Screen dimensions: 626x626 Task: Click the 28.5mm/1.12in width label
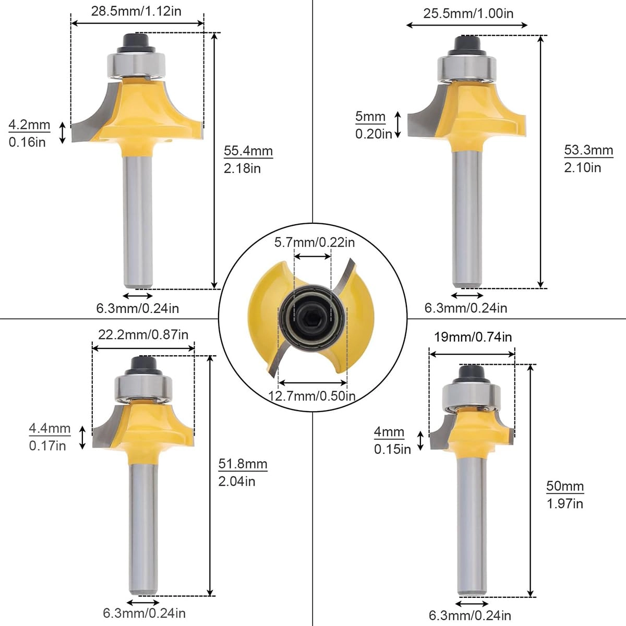pyautogui.click(x=136, y=11)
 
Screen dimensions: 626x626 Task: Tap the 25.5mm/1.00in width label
pyautogui.click(x=468, y=13)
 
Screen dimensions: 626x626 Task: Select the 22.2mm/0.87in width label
pyautogui.click(x=143, y=334)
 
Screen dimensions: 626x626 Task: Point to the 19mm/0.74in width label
pyautogui.click(x=473, y=337)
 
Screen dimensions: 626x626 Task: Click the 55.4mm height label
pyautogui.click(x=248, y=151)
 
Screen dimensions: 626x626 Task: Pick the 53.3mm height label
pyautogui.click(x=588, y=151)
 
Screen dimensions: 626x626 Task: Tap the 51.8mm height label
pyautogui.click(x=243, y=464)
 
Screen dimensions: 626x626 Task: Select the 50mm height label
pyautogui.click(x=564, y=486)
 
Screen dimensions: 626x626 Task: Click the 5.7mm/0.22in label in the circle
pyautogui.click(x=315, y=242)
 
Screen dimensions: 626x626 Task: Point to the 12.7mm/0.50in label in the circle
pyautogui.click(x=312, y=396)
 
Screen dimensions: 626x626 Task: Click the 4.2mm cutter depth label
pyautogui.click(x=29, y=125)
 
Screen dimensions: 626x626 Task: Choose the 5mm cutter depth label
pyautogui.click(x=370, y=117)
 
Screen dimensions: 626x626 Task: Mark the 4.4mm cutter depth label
pyautogui.click(x=50, y=429)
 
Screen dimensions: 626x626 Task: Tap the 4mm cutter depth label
pyautogui.click(x=389, y=432)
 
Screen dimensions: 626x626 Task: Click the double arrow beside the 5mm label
pyautogui.click(x=398, y=125)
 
